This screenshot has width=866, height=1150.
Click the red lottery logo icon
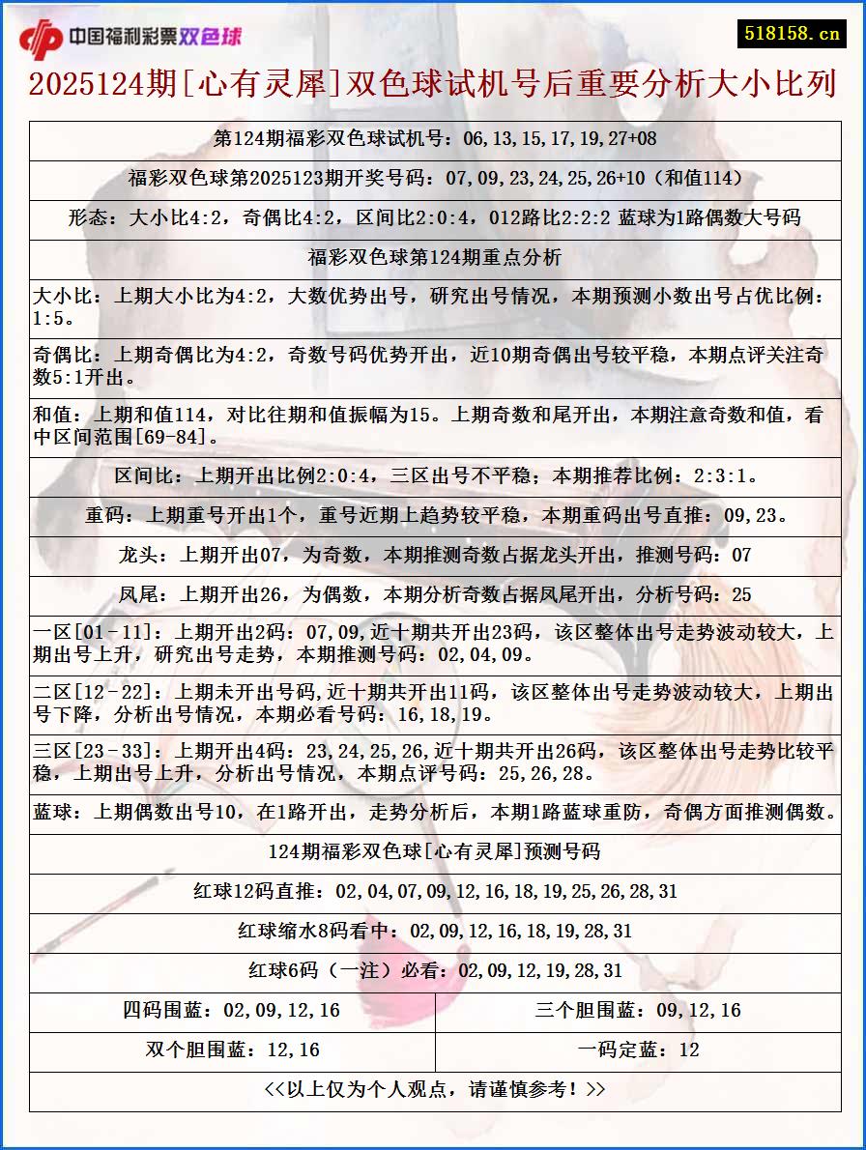tap(41, 38)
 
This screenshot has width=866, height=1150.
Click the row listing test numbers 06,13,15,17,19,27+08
tap(434, 139)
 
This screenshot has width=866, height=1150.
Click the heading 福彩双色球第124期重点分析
tap(434, 258)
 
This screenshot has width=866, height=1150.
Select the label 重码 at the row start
tap(104, 516)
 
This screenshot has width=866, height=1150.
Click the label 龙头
tap(137, 556)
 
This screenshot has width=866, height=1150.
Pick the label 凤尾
tap(137, 595)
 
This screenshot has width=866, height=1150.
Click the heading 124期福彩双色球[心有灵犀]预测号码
tap(434, 852)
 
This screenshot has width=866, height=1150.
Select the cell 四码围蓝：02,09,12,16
tap(231, 1011)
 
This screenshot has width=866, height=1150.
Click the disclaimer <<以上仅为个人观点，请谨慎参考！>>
tap(434, 1090)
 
